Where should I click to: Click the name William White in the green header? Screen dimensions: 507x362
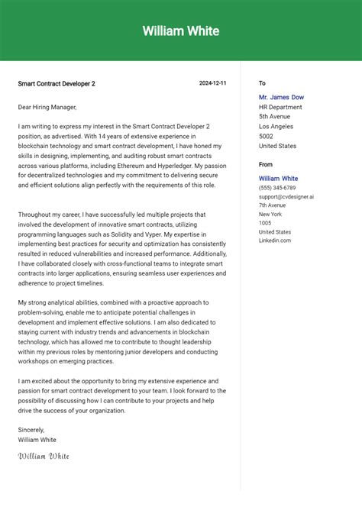181,31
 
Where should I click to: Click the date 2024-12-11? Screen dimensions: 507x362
213,83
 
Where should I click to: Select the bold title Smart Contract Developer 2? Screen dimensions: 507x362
57,83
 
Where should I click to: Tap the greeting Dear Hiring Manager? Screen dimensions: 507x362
47,107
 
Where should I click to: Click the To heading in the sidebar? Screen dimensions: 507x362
262,83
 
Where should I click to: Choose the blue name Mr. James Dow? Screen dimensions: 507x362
281,97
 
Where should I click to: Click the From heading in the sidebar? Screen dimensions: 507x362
266,164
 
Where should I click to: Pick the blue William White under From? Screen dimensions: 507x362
278,179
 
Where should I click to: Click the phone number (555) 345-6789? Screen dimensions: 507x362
277,188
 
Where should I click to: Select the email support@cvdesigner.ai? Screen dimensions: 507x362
286,196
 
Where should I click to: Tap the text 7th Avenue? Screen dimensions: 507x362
273,205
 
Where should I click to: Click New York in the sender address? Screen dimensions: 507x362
271,215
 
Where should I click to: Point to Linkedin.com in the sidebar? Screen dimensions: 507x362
275,241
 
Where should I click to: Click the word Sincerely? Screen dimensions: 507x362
31,429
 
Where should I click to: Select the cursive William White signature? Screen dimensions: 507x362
44,456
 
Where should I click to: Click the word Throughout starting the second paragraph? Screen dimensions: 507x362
35,215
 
